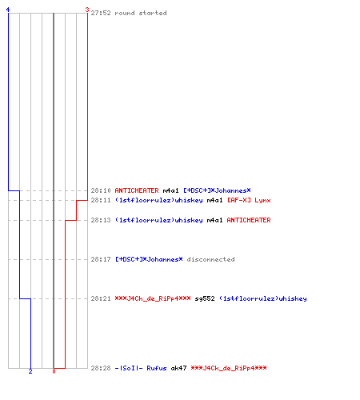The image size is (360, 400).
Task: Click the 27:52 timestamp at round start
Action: pos(101,13)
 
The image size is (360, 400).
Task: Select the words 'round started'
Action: pos(141,13)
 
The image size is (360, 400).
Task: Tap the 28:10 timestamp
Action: pos(101,190)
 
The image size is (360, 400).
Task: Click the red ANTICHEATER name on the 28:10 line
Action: pos(137,190)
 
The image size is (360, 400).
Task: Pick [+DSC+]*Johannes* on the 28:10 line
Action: pos(217,190)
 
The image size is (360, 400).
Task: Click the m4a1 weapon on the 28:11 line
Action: pos(214,200)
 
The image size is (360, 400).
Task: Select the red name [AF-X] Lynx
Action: pos(249,200)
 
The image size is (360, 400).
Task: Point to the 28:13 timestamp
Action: pos(101,220)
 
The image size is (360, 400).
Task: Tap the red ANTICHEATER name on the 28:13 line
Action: pos(249,220)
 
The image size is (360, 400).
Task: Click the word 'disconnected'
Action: pos(210,259)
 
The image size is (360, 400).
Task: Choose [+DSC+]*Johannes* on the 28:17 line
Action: pos(149,259)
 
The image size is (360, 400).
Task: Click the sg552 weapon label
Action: pos(205,298)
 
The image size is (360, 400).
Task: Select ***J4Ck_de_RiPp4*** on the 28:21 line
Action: pos(153,298)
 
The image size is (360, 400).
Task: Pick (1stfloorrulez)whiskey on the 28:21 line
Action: pos(262,298)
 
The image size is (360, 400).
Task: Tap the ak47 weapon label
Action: pos(178,368)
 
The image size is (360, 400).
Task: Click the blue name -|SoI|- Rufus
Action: pos(141,368)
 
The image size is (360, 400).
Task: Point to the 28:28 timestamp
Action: pos(101,368)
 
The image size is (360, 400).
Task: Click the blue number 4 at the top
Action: pos(8,10)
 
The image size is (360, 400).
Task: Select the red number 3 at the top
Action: pos(87,10)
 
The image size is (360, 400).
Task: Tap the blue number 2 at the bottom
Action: pos(30,371)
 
